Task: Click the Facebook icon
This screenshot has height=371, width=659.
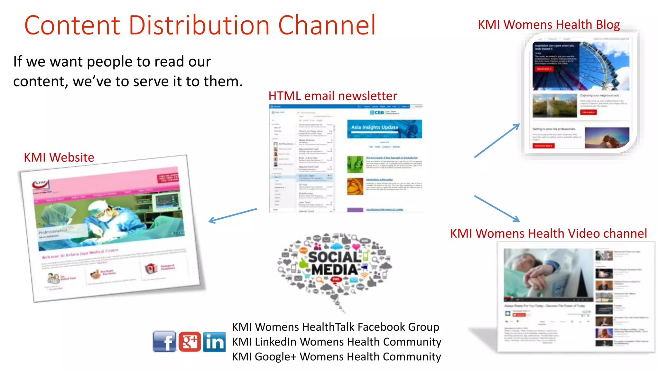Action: pos(164,341)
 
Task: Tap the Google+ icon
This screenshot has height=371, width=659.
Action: pos(190,341)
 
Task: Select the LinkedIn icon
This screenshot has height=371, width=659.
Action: pos(214,341)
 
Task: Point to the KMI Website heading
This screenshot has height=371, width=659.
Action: pos(59,157)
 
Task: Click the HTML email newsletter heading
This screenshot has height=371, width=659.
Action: pos(333,96)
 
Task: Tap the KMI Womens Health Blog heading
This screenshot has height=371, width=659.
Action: pos(549,25)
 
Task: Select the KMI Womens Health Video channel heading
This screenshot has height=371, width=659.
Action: pos(548,233)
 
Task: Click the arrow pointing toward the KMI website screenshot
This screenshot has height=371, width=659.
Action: pos(232,215)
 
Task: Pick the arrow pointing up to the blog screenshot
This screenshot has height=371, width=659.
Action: pos(497,140)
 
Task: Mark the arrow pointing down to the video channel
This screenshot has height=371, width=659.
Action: pos(497,208)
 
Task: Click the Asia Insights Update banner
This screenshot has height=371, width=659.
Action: pos(384,128)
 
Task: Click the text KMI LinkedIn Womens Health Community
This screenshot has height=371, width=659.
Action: pos(337,342)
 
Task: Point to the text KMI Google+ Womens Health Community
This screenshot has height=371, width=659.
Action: pos(337,357)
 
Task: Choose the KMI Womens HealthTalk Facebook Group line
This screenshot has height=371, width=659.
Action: pos(336,327)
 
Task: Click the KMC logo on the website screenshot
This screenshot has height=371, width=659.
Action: pos(41,184)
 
